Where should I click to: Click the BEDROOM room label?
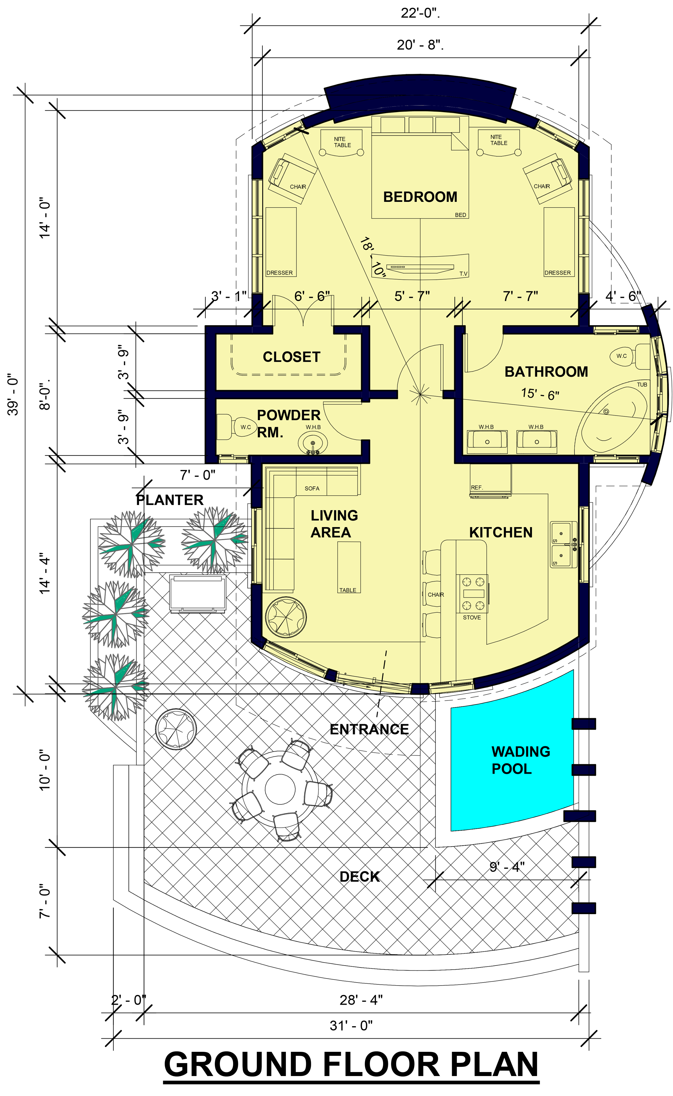[x=420, y=197]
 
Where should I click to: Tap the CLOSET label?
[x=292, y=357]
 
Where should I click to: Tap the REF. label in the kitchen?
[x=477, y=488]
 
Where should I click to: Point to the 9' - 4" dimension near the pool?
[x=507, y=867]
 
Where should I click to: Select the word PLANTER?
[x=170, y=500]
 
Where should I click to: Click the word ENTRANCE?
[x=369, y=729]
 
